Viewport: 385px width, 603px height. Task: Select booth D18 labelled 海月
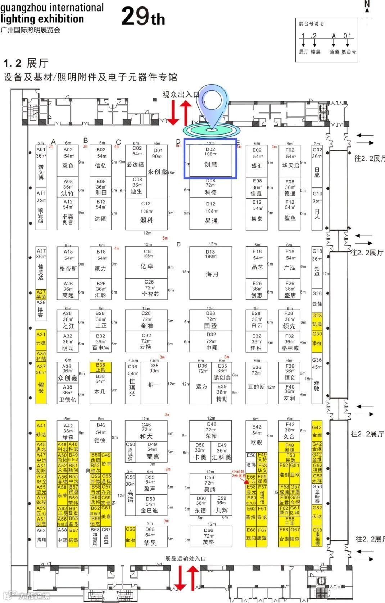(x=211, y=272)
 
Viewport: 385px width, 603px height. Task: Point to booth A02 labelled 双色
(x=68, y=160)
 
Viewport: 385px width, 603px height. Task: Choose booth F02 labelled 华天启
(x=290, y=160)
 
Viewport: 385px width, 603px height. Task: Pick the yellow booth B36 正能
(x=100, y=367)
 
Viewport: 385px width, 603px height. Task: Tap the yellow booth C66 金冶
(x=130, y=536)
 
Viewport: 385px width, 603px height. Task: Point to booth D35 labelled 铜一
(x=154, y=383)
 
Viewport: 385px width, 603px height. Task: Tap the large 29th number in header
(x=143, y=17)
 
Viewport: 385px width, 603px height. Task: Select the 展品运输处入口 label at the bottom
(x=185, y=558)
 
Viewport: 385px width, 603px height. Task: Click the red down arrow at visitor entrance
(x=173, y=113)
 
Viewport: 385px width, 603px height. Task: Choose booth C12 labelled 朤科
(x=146, y=214)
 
